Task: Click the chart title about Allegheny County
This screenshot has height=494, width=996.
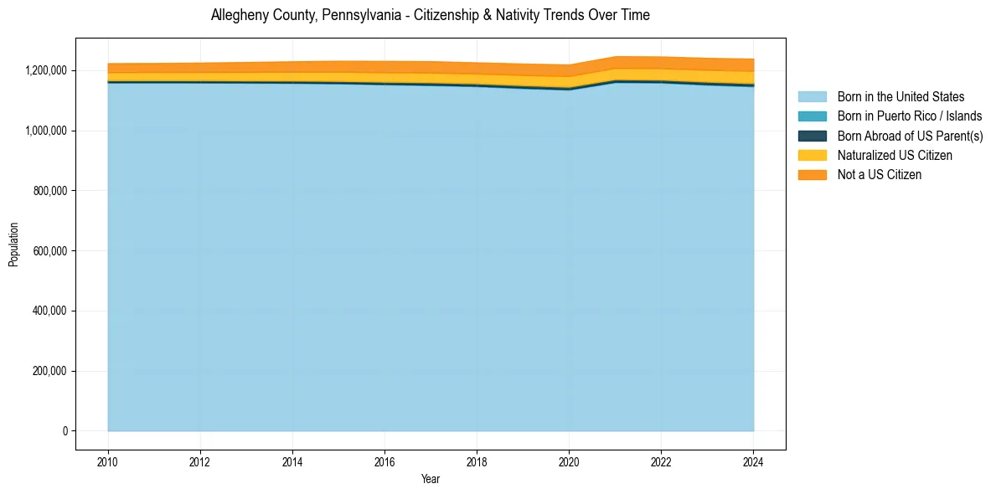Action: coord(430,15)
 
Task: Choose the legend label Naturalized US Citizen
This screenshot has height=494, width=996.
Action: coord(895,155)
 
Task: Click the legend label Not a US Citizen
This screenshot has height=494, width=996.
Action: coord(879,174)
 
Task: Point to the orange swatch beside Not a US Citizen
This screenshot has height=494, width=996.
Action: coord(812,174)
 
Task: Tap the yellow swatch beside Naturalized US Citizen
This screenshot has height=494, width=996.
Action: coord(812,155)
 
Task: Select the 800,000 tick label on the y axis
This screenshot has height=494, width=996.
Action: coord(49,191)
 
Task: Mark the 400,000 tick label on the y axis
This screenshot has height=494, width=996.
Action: coord(49,311)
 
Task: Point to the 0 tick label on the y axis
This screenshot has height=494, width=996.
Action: coord(65,431)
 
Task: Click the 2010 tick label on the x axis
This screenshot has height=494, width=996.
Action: coord(108,461)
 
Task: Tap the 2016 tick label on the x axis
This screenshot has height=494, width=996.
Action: coord(384,461)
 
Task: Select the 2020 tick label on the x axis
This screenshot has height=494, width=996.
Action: coord(569,461)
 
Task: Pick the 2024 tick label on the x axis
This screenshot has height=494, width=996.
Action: coord(753,461)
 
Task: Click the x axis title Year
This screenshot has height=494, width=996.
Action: coord(431,480)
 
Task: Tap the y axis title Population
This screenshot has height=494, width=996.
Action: coord(13,244)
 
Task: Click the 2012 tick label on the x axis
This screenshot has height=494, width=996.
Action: coord(200,461)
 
